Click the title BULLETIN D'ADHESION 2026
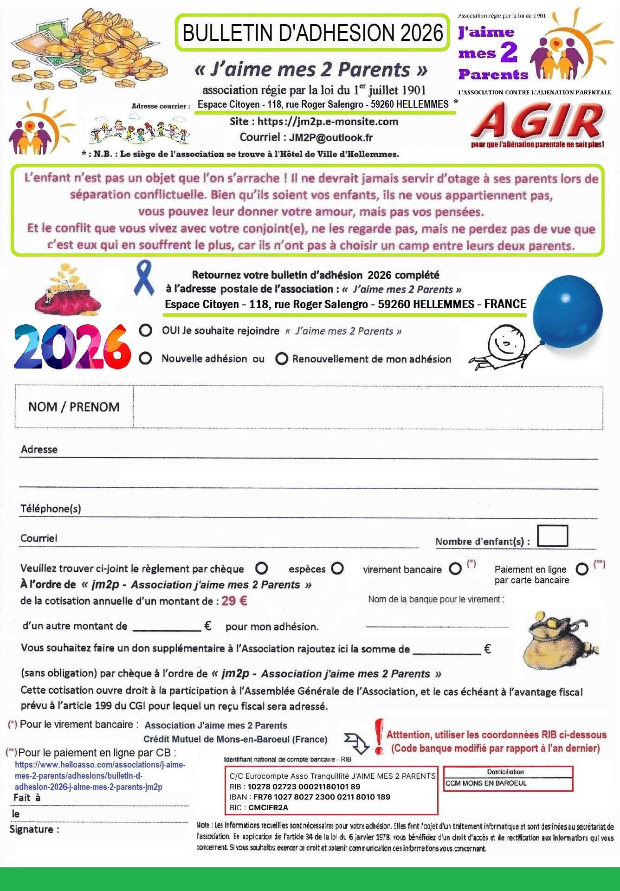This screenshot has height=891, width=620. pos(312,33)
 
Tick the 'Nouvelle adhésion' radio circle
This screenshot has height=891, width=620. pos(146,358)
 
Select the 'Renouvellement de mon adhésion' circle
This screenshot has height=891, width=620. pos(281,359)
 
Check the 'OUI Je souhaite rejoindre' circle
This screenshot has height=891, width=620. pos(146,330)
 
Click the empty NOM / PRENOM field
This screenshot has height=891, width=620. pos(368,407)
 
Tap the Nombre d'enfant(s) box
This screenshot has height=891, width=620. pos(552,536)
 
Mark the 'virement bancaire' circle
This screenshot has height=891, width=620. pos(455,568)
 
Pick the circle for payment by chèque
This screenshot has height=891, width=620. pos(262,568)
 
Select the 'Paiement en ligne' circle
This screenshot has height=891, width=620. pos(581,568)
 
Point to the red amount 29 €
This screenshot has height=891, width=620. pos(234,601)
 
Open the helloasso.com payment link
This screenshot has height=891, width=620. pos(100,775)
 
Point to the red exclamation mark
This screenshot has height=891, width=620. pos(379,736)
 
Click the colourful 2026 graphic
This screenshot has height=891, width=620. pos(71,345)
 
